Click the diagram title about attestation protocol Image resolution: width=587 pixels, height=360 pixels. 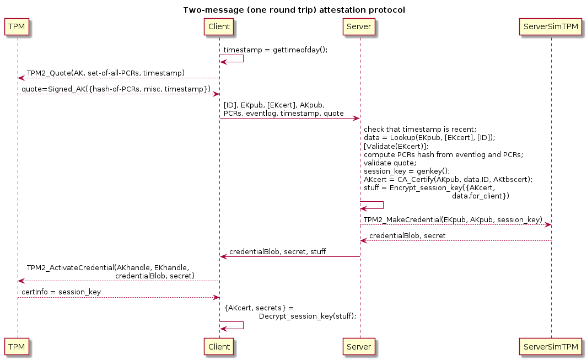[294, 10]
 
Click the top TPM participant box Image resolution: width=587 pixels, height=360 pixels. [17, 26]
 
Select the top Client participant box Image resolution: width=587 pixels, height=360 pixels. [219, 26]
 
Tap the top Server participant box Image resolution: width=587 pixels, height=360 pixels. [359, 26]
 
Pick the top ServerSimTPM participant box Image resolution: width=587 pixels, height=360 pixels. [551, 26]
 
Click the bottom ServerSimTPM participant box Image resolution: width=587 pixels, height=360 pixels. [551, 347]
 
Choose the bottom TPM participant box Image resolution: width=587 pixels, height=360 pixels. [17, 347]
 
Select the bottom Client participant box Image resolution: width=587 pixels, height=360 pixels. [219, 347]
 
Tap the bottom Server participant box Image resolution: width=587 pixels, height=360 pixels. [359, 347]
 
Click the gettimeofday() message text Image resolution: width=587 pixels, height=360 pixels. [276, 50]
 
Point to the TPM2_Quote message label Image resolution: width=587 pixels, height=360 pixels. [106, 73]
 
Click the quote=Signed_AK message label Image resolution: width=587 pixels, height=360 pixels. [116, 89]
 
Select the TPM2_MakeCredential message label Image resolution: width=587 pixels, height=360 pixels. [453, 219]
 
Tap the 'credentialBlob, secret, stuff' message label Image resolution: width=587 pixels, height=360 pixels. [277, 252]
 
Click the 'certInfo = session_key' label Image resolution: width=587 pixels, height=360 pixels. [61, 292]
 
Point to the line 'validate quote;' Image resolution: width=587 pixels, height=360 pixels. [390, 163]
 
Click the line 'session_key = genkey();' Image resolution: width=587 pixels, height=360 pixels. [407, 171]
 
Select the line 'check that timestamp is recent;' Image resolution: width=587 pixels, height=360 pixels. [420, 130]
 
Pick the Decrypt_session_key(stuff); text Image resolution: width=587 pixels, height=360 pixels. [308, 316]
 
